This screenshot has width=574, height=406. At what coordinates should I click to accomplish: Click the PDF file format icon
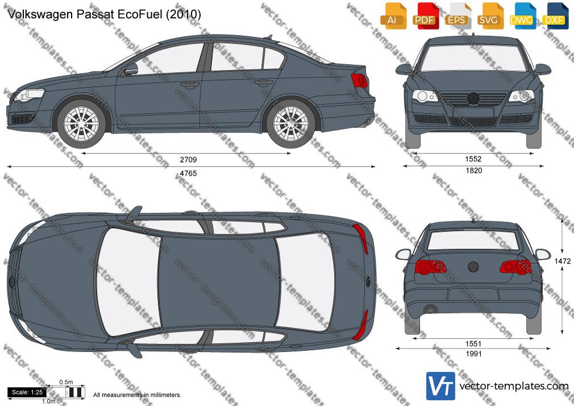425,16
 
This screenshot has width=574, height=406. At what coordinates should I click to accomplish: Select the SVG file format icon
489,16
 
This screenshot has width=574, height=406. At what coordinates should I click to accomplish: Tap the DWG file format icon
521,16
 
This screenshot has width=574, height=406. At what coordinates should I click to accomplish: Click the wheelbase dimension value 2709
188,160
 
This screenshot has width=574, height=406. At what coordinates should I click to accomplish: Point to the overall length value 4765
188,173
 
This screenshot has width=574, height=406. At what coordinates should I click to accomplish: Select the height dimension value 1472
562,261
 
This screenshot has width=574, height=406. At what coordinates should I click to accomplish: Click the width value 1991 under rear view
473,354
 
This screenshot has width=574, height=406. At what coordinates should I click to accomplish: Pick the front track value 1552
473,159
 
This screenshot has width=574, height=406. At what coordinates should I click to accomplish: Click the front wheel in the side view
81,123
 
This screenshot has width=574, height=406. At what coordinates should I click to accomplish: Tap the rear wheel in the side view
290,123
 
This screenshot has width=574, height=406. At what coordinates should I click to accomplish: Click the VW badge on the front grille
473,98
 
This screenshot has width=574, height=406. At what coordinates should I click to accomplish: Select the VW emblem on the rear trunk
473,267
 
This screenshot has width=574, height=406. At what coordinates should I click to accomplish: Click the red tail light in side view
359,81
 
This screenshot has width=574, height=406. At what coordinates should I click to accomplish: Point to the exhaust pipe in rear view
431,310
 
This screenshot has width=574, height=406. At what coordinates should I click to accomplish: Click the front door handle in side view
190,85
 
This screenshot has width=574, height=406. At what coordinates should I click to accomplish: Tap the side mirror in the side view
131,69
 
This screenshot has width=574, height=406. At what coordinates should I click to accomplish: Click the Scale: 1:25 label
27,392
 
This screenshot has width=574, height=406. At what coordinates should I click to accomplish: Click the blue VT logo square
441,386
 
